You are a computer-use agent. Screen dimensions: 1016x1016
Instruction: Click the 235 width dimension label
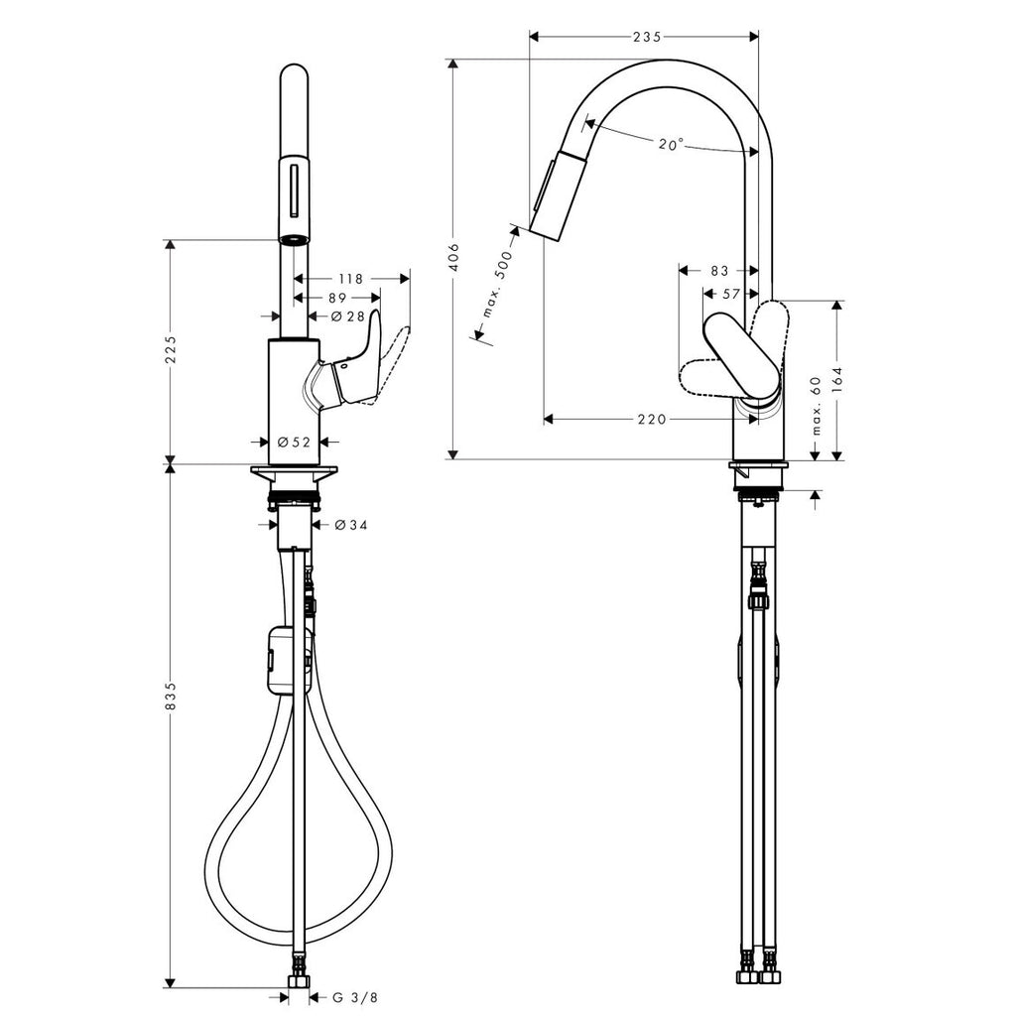[647, 37]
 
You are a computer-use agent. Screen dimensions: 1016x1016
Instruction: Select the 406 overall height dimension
[454, 257]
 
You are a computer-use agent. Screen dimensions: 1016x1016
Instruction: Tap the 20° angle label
[672, 144]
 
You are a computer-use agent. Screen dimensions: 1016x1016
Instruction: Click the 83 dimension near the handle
[720, 270]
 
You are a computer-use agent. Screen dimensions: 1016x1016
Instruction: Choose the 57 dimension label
[731, 294]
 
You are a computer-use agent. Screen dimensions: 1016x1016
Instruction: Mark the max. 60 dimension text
[817, 406]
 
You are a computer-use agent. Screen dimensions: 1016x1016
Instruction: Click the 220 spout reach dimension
[652, 420]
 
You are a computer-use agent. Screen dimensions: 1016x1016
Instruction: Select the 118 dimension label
[350, 279]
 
